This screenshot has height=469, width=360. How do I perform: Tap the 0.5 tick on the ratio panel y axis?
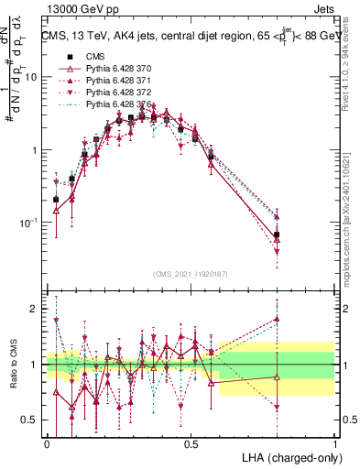pos(31,420)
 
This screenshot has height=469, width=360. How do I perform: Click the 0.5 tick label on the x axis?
pos(191,443)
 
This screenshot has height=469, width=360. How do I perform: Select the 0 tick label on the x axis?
pos(47,443)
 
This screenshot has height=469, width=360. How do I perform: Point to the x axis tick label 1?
pos(336,443)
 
